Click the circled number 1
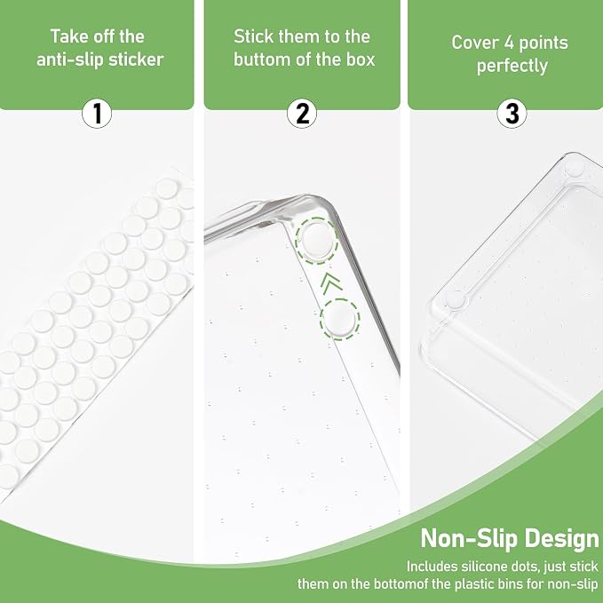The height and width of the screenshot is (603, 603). [97, 114]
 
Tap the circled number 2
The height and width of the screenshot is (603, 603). [302, 114]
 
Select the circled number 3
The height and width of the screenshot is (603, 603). [512, 114]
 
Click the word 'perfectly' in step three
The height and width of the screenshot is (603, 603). [512, 66]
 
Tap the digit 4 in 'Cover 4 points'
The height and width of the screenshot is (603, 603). [509, 43]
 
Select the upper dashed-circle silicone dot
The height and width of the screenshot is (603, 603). [317, 241]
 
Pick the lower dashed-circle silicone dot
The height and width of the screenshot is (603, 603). [340, 319]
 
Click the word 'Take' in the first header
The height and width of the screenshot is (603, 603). [67, 36]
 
